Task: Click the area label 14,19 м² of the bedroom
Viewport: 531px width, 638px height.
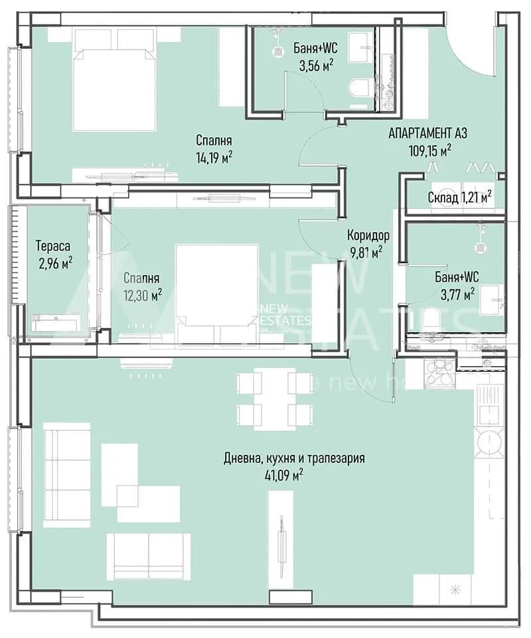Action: (214, 157)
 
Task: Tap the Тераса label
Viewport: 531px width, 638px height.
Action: (53, 246)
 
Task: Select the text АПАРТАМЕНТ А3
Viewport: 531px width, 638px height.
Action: (428, 133)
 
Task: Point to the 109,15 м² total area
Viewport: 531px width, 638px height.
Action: (429, 151)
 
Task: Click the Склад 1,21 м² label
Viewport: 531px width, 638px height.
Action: (459, 198)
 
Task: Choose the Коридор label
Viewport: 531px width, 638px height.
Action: (368, 235)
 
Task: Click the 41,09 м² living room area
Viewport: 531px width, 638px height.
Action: (283, 476)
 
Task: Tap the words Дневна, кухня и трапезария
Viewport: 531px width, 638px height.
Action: (294, 458)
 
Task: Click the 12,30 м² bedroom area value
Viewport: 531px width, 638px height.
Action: (143, 294)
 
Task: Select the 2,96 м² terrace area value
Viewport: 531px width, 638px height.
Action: (56, 263)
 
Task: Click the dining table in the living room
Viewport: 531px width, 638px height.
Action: (275, 399)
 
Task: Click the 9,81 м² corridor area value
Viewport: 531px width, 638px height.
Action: (366, 253)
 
